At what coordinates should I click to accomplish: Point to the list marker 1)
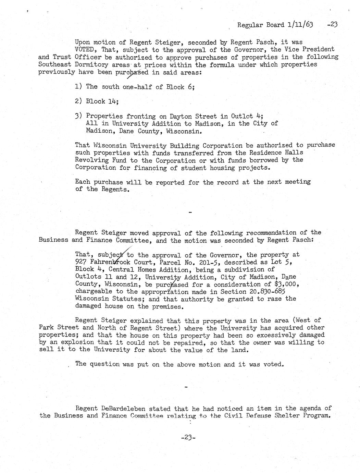[79, 86]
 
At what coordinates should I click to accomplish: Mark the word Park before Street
[46, 327]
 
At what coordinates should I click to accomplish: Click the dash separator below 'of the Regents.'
[190, 213]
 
